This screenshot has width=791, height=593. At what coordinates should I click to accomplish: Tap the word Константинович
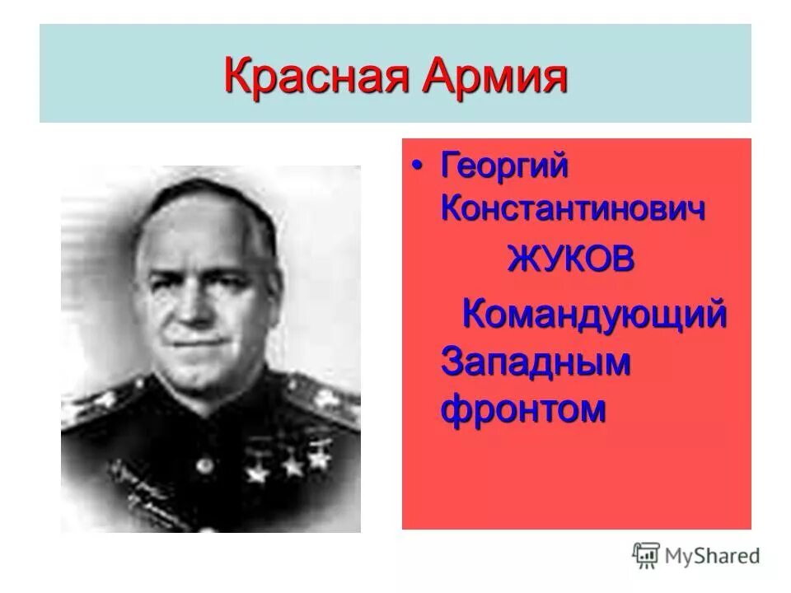point(573,208)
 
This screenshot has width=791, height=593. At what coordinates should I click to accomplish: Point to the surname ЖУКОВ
point(571,260)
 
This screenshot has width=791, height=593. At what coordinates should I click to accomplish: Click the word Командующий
point(594,315)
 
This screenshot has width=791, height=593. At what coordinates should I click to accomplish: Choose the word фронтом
point(524,408)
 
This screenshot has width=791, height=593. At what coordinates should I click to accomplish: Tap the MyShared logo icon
point(646,556)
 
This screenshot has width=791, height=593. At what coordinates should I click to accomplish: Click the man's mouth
point(194,339)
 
